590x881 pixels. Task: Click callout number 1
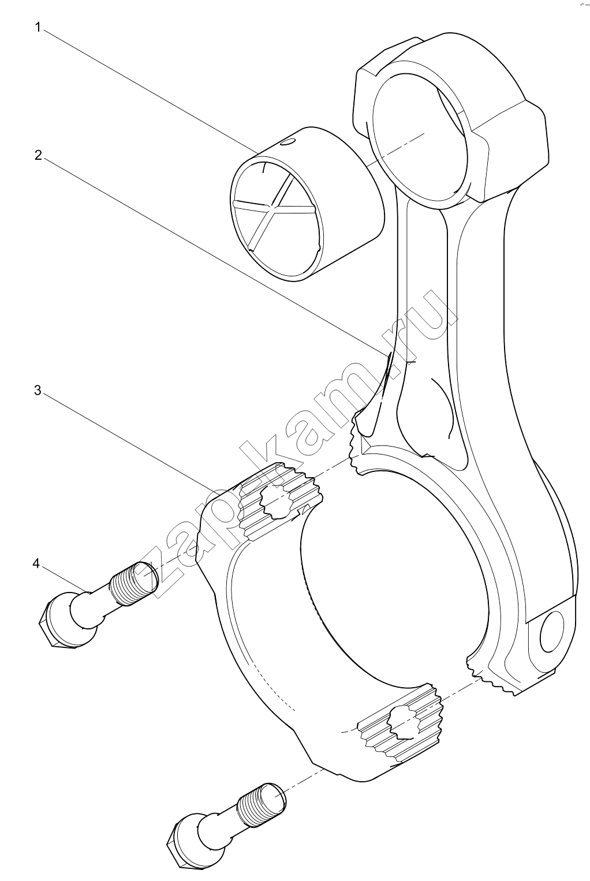point(38,28)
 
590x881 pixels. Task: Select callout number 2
point(38,155)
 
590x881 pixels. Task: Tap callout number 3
point(38,391)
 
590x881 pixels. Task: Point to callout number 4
point(36,564)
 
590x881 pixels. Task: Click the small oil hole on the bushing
point(289,142)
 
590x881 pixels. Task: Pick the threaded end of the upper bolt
point(136,583)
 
